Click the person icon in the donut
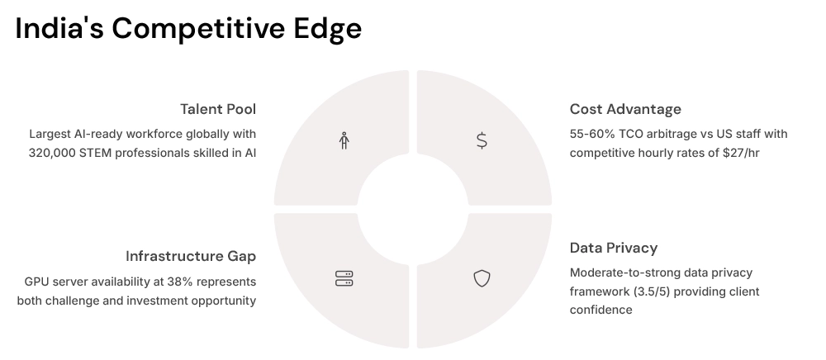[x=344, y=141]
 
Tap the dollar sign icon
[x=482, y=141]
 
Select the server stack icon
[x=344, y=279]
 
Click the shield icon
[x=482, y=279]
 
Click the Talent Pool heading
[x=218, y=109]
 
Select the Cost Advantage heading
[x=625, y=109]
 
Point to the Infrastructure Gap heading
[x=191, y=256]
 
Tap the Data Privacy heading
[x=614, y=248]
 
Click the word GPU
[x=37, y=282]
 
